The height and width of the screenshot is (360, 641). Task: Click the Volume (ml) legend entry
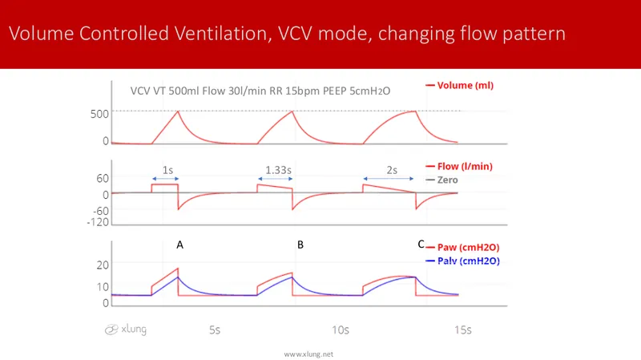(461, 86)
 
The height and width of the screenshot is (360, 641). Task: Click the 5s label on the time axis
(216, 330)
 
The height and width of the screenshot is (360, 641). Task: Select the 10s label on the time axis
(340, 330)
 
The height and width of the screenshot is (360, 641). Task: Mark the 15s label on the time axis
(462, 330)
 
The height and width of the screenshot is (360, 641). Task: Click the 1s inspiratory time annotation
(167, 170)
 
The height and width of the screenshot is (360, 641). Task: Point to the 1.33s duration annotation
(277, 170)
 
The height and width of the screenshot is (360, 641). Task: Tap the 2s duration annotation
(391, 170)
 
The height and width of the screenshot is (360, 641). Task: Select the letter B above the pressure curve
(300, 245)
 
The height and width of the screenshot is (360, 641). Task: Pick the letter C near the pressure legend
(421, 245)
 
